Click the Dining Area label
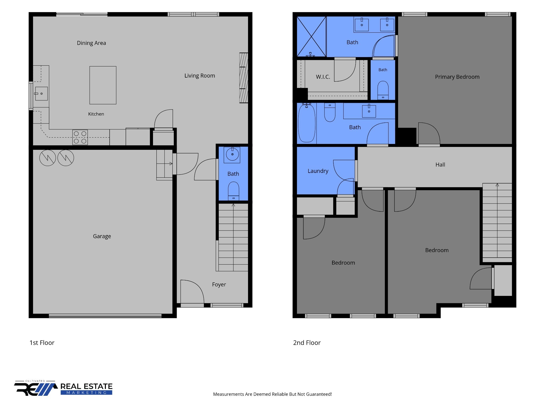pyautogui.click(x=91, y=43)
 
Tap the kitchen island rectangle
pyautogui.click(x=103, y=85)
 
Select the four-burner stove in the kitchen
pyautogui.click(x=80, y=137)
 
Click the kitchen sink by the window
pyautogui.click(x=41, y=93)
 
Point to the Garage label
pyautogui.click(x=102, y=236)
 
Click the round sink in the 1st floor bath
pyautogui.click(x=232, y=154)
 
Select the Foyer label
pyautogui.click(x=219, y=284)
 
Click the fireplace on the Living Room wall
pyautogui.click(x=244, y=78)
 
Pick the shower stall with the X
pyautogui.click(x=311, y=36)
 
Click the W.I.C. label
pyautogui.click(x=323, y=77)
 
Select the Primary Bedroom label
pyautogui.click(x=457, y=77)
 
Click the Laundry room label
pyautogui.click(x=318, y=171)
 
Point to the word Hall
pyautogui.click(x=440, y=165)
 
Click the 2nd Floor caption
pyautogui.click(x=307, y=343)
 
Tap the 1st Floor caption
pyautogui.click(x=42, y=343)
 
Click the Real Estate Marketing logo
pyautogui.click(x=63, y=388)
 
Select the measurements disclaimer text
pyautogui.click(x=272, y=394)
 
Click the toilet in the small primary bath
pyautogui.click(x=383, y=90)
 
